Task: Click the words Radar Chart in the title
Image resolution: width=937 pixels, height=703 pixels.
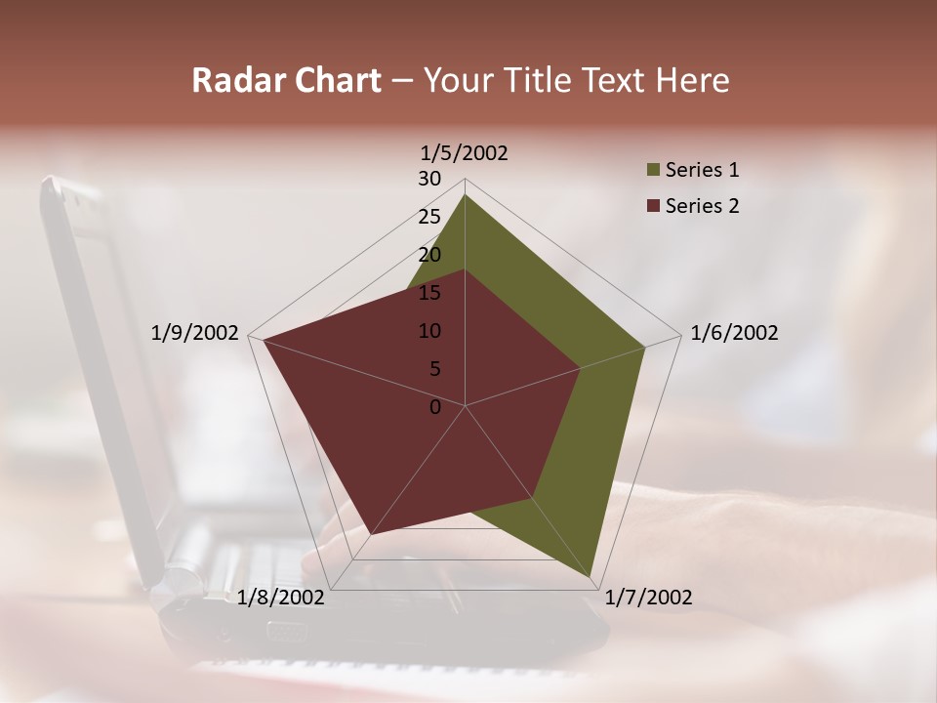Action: [286, 80]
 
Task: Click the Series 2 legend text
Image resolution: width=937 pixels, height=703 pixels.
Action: [702, 206]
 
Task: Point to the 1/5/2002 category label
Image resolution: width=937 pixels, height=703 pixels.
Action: [465, 153]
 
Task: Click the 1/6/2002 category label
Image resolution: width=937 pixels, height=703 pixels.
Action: [734, 333]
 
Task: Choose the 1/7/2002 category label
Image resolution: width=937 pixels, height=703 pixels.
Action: [648, 598]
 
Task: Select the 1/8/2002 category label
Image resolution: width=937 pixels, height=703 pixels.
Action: [281, 598]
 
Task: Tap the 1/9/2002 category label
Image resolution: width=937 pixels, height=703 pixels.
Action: [195, 333]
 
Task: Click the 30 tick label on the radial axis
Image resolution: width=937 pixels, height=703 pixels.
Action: [429, 179]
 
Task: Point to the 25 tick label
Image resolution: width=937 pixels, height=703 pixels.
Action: [429, 217]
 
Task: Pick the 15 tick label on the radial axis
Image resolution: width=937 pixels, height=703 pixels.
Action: [429, 293]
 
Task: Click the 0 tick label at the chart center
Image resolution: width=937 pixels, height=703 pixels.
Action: [435, 407]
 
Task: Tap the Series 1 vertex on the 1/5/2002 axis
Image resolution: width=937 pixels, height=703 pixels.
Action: [465, 194]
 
